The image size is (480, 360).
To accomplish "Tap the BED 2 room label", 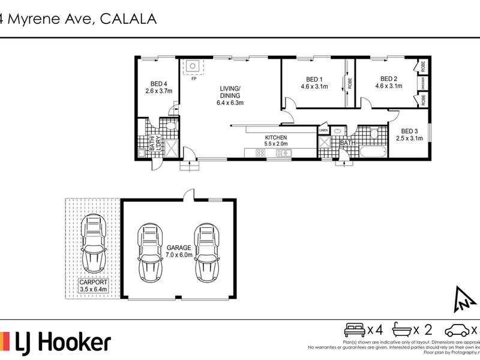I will [x=388, y=79].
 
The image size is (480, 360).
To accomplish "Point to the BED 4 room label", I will [x=158, y=83].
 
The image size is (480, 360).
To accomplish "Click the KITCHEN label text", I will [x=277, y=137].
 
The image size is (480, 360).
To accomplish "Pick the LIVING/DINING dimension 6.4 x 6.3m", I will [x=230, y=103].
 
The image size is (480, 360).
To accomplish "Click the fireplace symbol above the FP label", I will [x=193, y=67].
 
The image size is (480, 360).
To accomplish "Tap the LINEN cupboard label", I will [x=323, y=130].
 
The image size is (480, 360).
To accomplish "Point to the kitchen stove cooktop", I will [x=260, y=154].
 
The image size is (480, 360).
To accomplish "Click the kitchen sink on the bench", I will [x=283, y=154].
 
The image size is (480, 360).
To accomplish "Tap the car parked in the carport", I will [x=94, y=243].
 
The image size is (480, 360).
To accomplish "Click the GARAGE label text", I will [x=179, y=247].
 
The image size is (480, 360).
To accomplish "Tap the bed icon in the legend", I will [x=353, y=329].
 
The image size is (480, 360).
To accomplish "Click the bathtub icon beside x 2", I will [x=405, y=329].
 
